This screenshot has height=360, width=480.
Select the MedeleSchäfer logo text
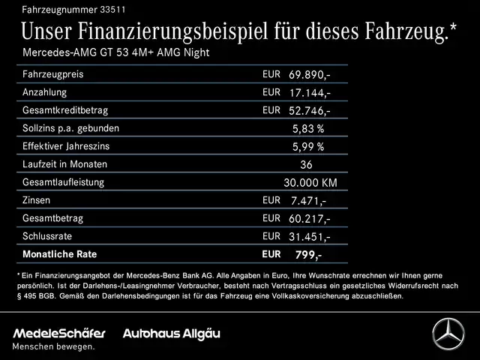coord(59,333)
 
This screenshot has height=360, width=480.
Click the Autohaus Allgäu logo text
coord(172,333)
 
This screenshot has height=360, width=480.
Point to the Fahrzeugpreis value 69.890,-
coord(309,76)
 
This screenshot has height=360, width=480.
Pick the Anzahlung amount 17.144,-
coord(309,93)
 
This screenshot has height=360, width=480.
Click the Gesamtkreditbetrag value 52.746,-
coord(309,111)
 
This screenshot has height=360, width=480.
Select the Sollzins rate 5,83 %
coord(307,129)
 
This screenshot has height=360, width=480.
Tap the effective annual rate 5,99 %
coord(307,147)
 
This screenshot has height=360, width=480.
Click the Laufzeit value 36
coord(305,165)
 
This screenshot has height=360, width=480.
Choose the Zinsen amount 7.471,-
coord(307,201)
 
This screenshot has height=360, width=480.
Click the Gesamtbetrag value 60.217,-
coord(309,219)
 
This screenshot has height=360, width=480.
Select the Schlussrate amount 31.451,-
coord(309,237)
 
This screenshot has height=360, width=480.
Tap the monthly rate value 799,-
coord(307,255)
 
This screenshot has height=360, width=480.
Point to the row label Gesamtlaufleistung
coord(64,182)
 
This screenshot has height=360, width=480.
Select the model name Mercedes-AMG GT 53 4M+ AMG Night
coord(116,52)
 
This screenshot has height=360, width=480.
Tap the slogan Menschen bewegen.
coord(53,346)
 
